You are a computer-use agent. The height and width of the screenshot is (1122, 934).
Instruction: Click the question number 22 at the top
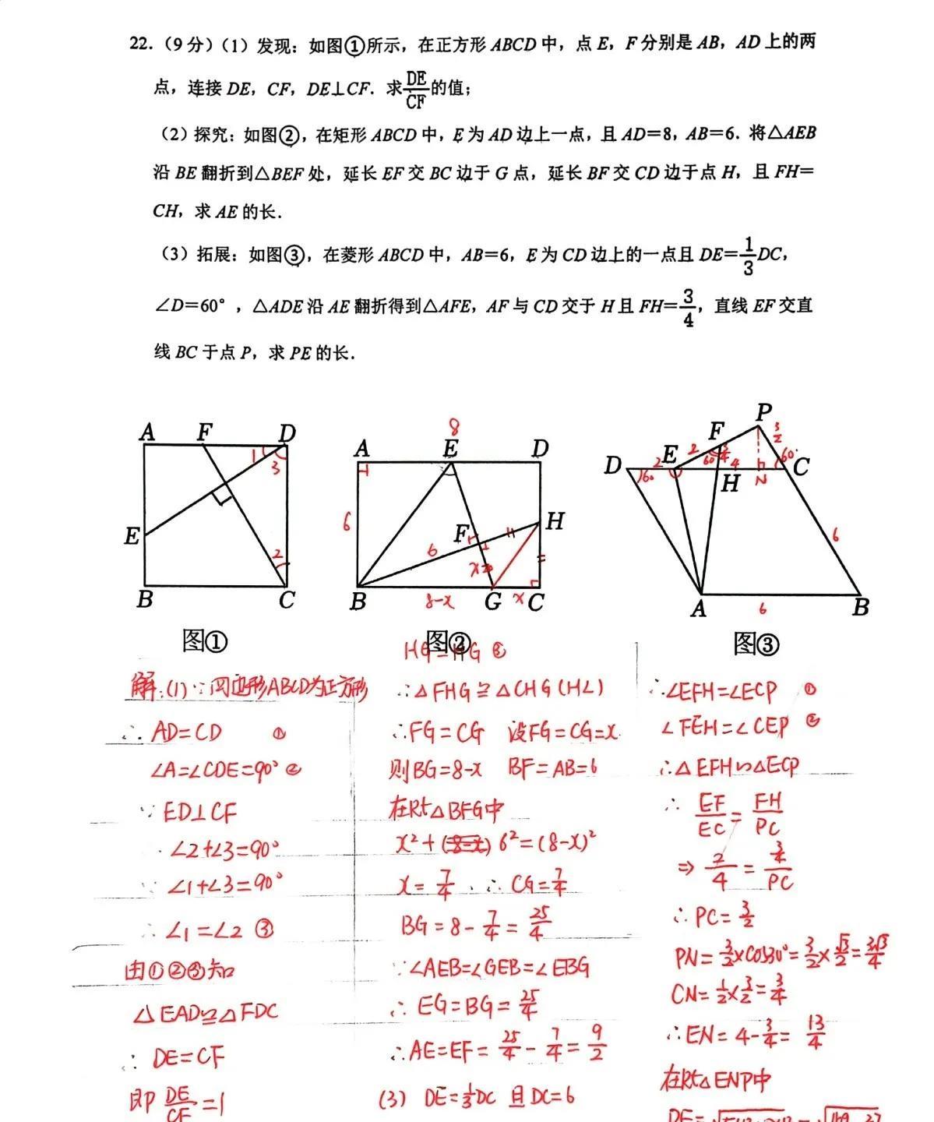[140, 44]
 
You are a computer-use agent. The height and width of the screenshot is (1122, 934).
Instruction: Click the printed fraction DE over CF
[416, 90]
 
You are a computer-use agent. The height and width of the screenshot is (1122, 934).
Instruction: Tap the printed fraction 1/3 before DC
[748, 256]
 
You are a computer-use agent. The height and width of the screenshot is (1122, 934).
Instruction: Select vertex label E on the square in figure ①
[132, 536]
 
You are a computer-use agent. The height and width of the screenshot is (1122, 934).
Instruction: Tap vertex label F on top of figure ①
[205, 431]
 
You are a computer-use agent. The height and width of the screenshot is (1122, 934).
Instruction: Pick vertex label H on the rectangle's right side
[555, 521]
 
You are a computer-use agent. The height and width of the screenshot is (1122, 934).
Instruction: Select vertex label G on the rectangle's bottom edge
[492, 602]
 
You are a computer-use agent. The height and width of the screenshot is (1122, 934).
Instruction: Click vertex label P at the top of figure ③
[763, 412]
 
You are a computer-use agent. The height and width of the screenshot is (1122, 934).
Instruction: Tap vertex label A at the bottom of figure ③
[698, 609]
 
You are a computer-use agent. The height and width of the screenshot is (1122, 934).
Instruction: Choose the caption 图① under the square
[205, 641]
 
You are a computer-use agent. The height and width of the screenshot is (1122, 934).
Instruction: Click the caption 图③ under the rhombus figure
[756, 644]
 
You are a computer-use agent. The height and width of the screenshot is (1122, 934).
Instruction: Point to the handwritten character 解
[144, 689]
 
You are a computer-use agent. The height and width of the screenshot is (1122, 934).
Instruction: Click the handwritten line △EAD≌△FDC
[206, 1014]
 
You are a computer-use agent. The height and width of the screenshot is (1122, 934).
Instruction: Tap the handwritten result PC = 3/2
[713, 916]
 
